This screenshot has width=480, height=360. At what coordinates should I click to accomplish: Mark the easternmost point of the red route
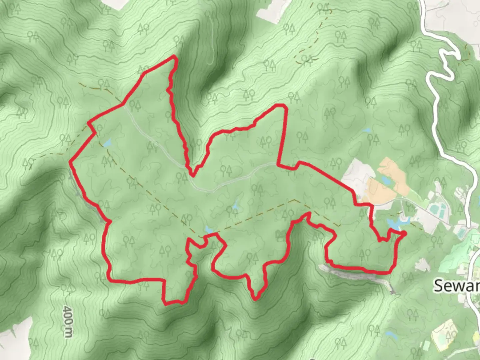pyautogui.click(x=405, y=233)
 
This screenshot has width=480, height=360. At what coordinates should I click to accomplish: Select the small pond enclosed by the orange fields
pyautogui.click(x=386, y=181)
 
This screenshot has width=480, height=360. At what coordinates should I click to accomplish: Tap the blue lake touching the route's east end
pyautogui.click(x=397, y=223)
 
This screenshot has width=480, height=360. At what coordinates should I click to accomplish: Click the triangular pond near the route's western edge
pyautogui.click(x=107, y=144)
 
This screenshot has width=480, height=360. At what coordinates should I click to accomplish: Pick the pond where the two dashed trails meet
pyautogui.click(x=209, y=229)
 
